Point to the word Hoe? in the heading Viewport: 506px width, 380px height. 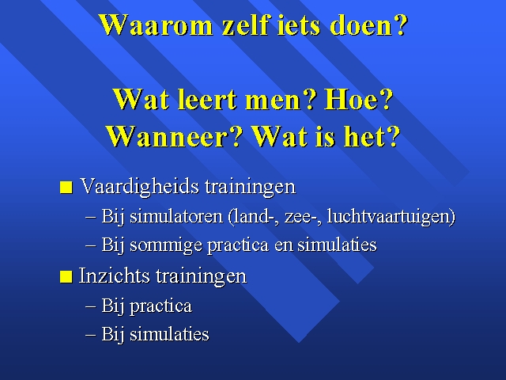tap(358, 99)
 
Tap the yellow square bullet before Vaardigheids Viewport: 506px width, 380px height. tap(66, 187)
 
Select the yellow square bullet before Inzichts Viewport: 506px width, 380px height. tap(66, 277)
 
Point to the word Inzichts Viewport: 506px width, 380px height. tap(115, 276)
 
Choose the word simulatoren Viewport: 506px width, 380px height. tap(176, 216)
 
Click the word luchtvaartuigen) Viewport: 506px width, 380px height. tap(391, 216)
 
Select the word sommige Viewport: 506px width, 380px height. tap(166, 245)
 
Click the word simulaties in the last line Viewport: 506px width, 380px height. tap(169, 333)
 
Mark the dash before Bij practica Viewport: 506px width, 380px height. tap(91, 306)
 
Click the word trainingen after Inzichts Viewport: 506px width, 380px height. tap(202, 276)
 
